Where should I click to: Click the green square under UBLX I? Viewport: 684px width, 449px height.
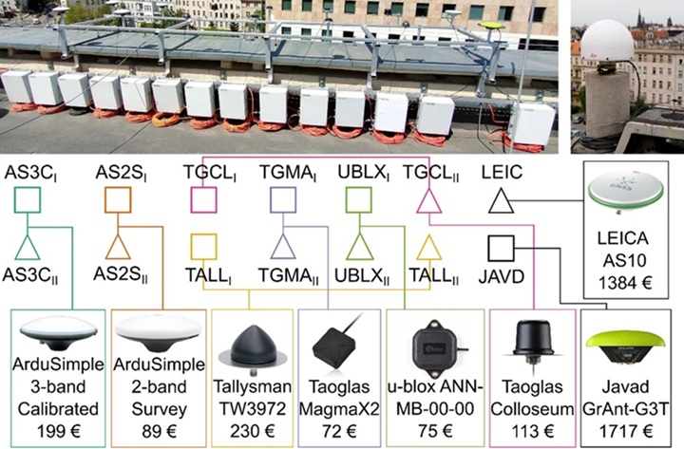click(357, 201)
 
